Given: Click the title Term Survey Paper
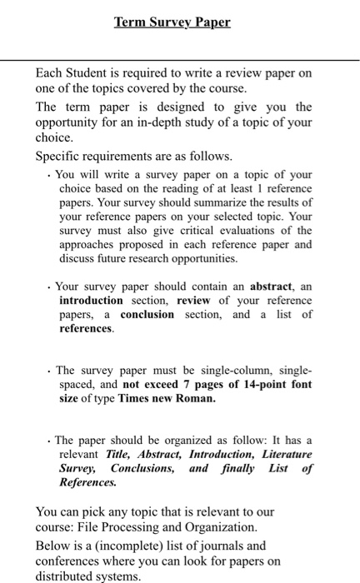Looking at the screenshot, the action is [x=172, y=22].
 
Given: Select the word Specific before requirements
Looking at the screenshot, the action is [x=61, y=157].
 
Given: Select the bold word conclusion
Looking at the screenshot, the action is [x=147, y=315].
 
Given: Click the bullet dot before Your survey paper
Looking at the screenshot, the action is [x=50, y=286].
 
